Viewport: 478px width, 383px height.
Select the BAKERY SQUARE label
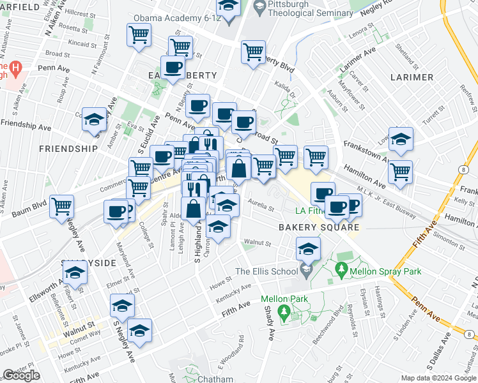[x=318, y=227]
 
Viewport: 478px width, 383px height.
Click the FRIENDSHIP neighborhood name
[x=68, y=149]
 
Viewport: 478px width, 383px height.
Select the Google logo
[x=22, y=375]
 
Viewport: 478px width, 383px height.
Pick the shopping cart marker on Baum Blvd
[x=62, y=206]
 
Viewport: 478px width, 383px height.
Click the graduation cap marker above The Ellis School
[x=308, y=249]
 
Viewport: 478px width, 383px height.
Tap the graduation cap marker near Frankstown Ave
[x=401, y=139]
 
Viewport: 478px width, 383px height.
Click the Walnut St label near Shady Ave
[x=258, y=243]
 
